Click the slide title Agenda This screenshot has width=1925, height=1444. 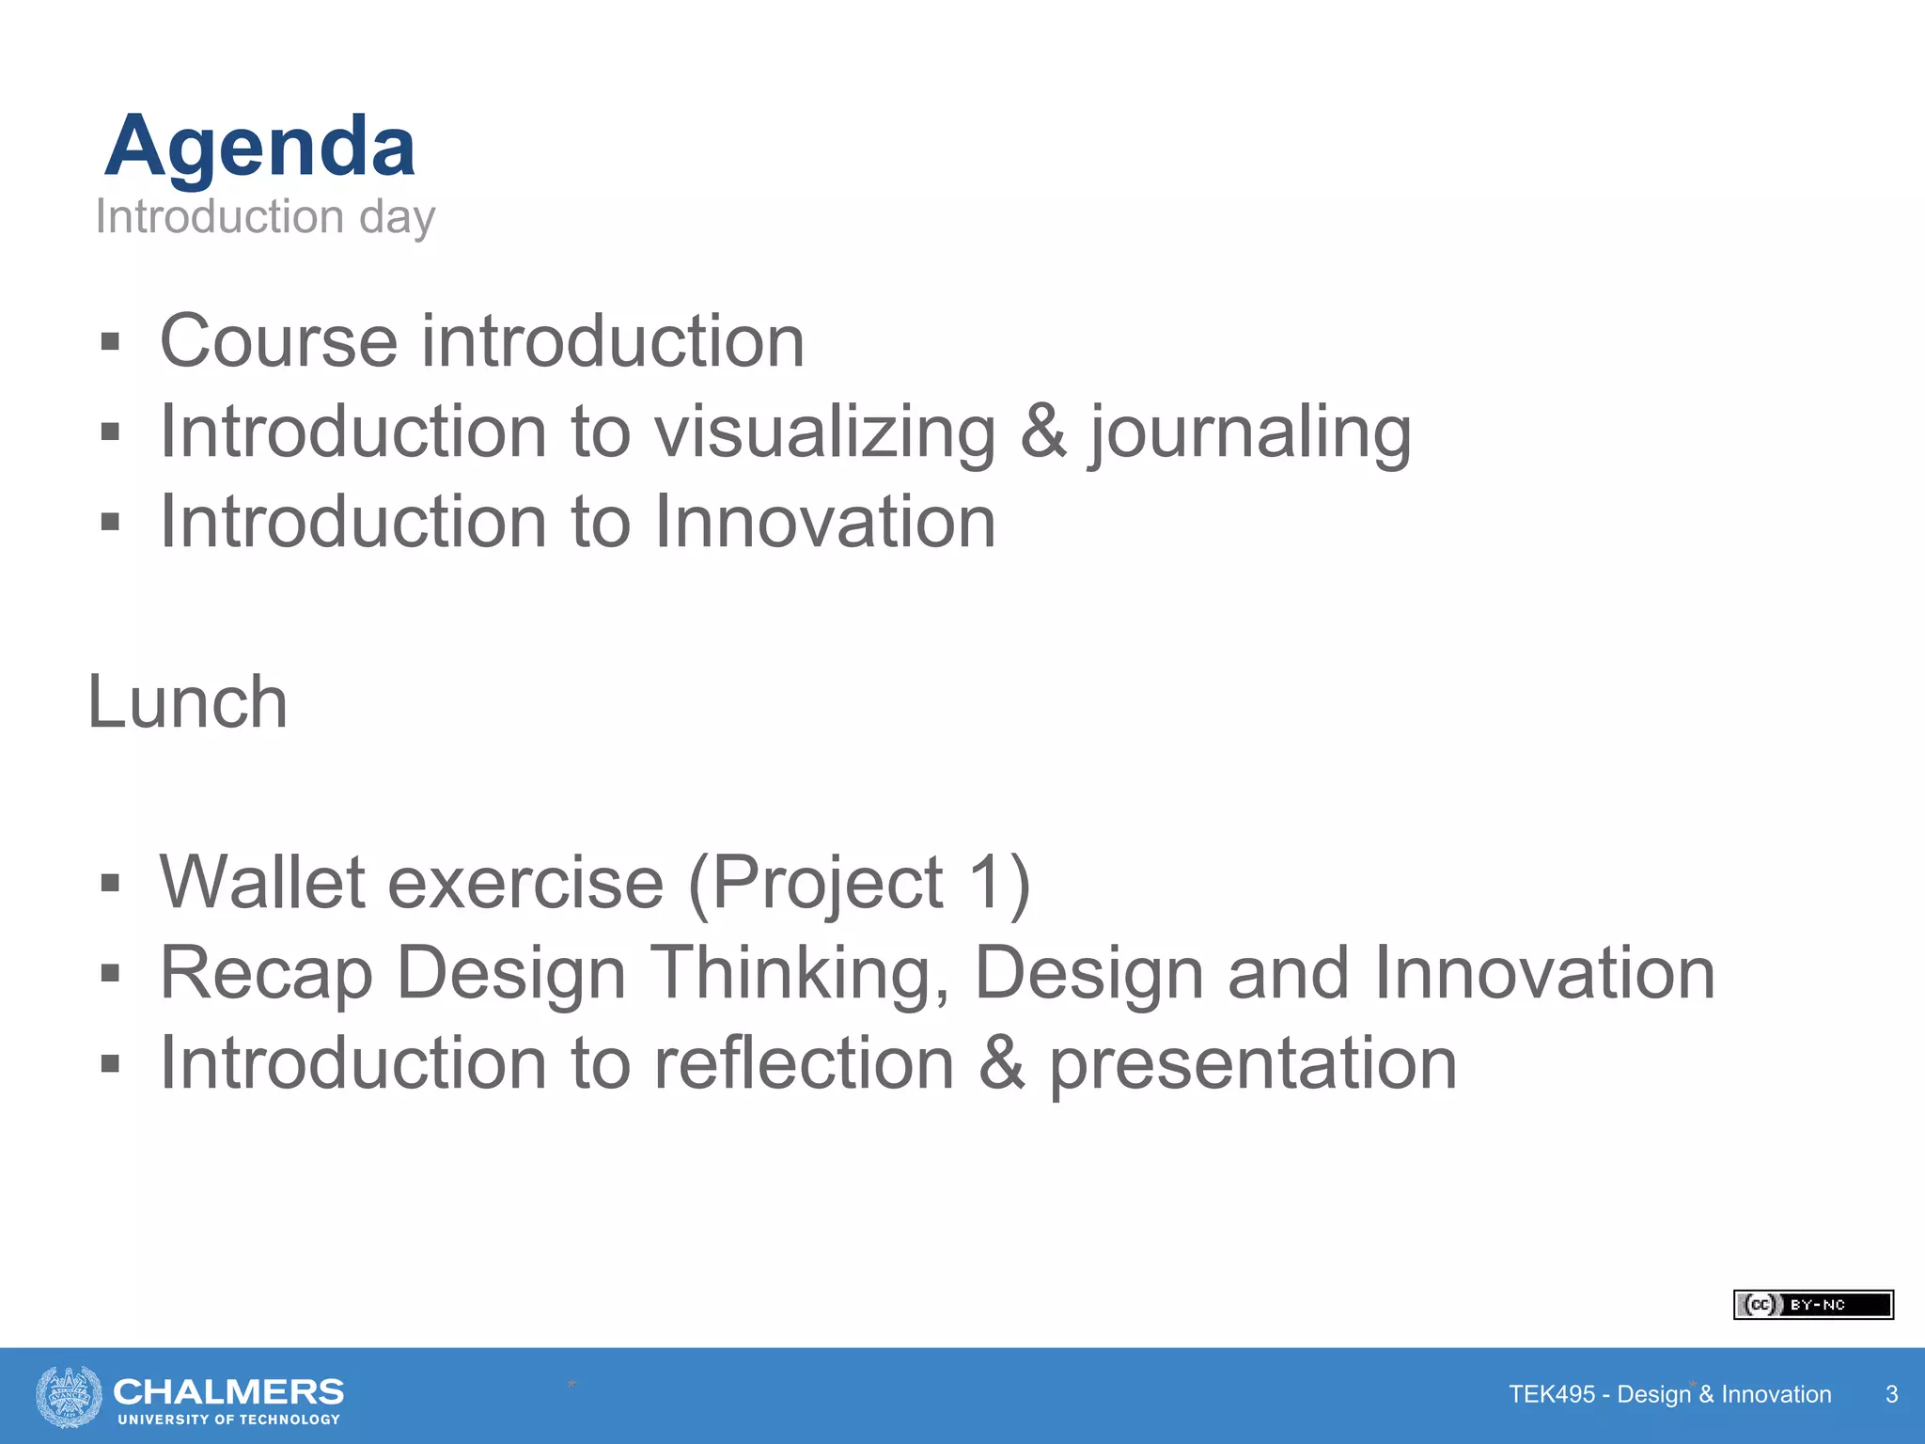click(x=260, y=147)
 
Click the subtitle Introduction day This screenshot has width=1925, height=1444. click(x=265, y=217)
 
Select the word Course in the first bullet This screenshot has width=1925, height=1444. click(x=278, y=341)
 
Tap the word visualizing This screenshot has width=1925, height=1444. click(x=825, y=432)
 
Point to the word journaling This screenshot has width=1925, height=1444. click(x=1250, y=432)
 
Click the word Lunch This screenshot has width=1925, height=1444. click(x=187, y=702)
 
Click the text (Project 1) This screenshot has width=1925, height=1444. click(x=860, y=883)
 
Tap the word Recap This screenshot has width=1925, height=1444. click(x=266, y=974)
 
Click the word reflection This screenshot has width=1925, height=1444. click(x=805, y=1063)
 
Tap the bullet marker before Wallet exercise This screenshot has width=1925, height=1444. click(x=110, y=883)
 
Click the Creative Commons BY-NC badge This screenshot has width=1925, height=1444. click(x=1812, y=1305)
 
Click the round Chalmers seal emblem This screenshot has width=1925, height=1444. click(x=69, y=1396)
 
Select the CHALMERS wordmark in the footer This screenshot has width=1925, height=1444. click(x=228, y=1390)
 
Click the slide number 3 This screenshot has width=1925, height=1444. click(x=1891, y=1394)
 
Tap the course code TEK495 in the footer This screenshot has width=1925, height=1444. click(x=1551, y=1394)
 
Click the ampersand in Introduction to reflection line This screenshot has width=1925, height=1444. click(x=1002, y=1063)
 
